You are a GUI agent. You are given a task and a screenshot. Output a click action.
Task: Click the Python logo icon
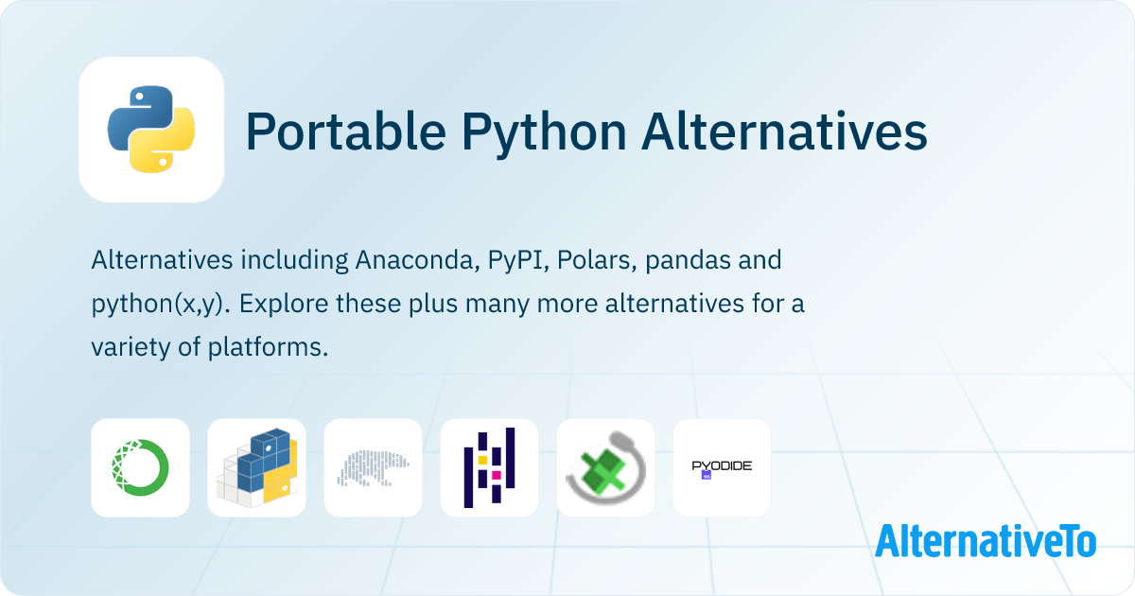[x=151, y=130]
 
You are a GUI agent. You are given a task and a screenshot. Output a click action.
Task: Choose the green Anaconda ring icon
[x=140, y=468]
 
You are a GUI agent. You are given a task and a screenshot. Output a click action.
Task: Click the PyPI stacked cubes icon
[x=256, y=468]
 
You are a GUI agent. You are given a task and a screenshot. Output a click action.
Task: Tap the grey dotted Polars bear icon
[x=373, y=468]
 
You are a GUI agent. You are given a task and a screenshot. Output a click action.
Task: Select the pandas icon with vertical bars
[x=489, y=468]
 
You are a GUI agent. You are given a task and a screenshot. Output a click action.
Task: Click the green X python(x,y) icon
[x=605, y=468]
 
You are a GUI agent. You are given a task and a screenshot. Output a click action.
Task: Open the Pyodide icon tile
[x=722, y=468]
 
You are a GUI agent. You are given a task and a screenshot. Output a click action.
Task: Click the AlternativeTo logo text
[x=985, y=541]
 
